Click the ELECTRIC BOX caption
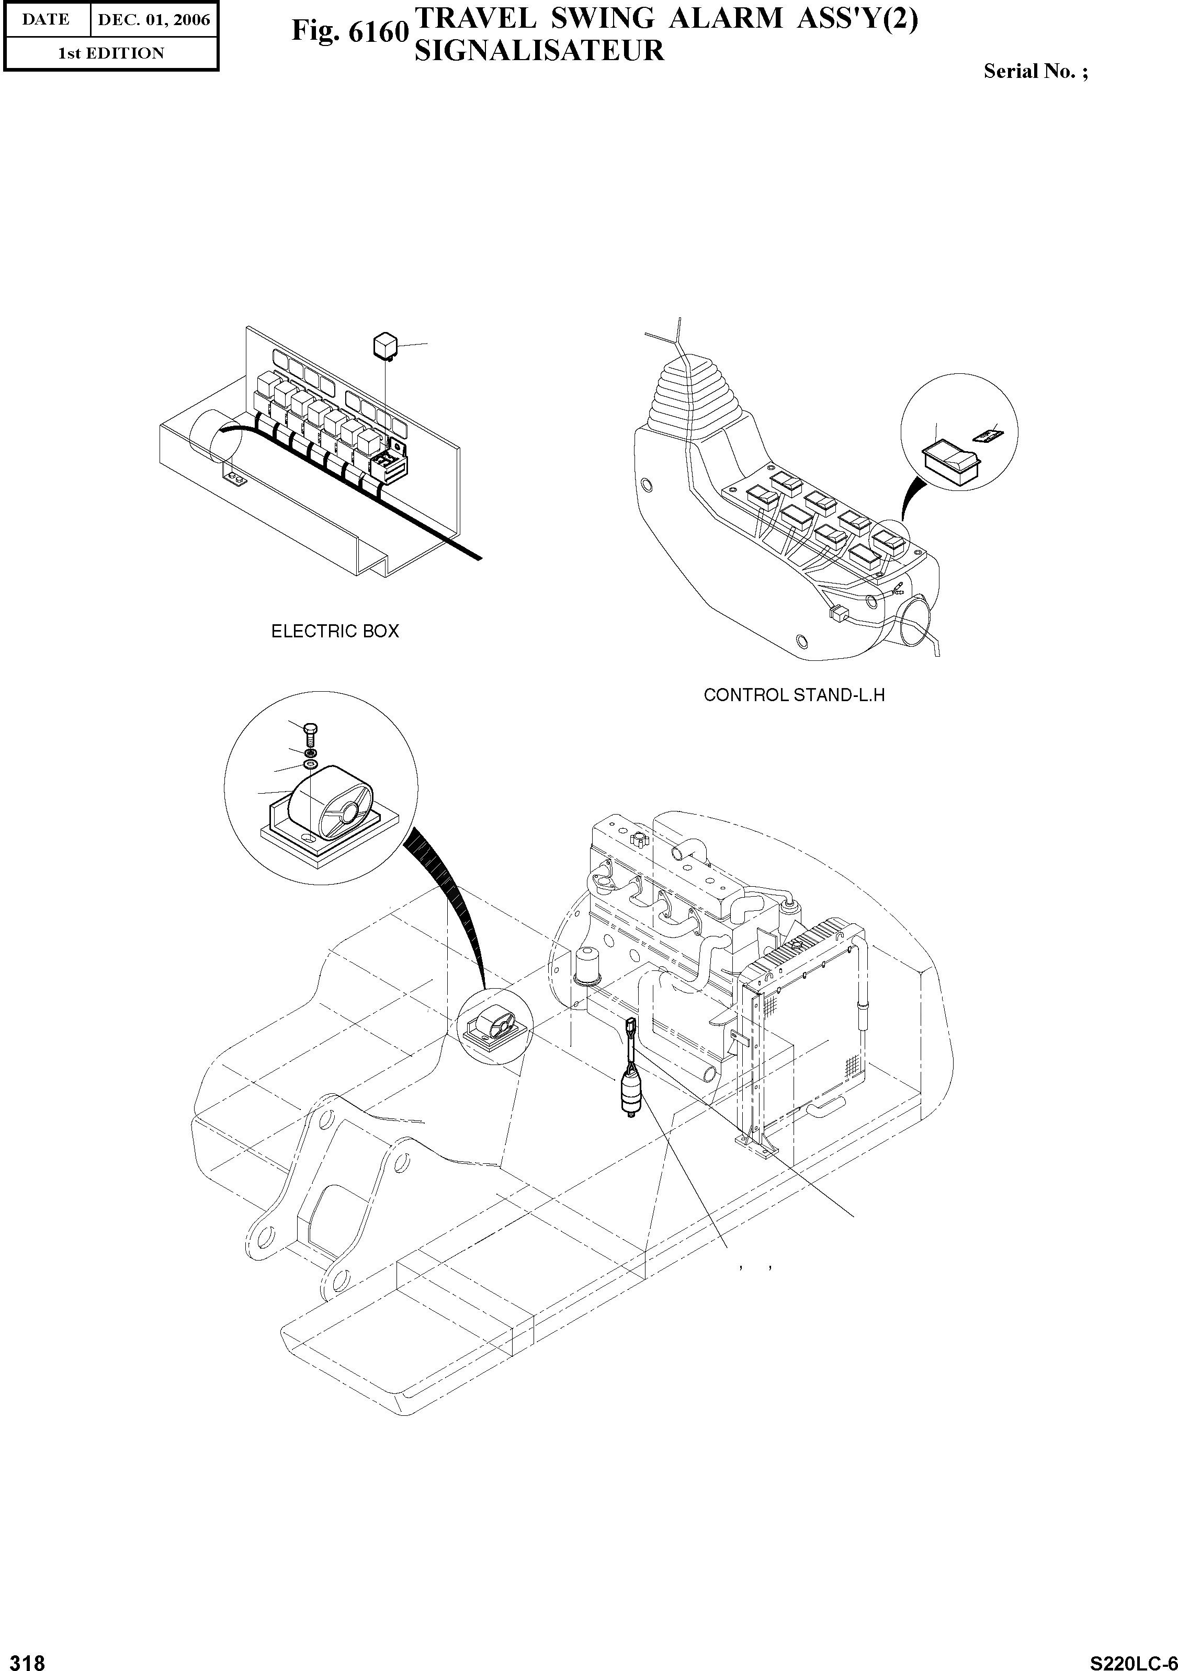coord(335,631)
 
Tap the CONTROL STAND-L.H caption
coord(794,695)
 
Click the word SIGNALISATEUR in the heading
coord(539,51)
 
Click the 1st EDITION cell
coord(111,53)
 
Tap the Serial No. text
coord(1035,71)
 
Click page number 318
coord(24,1658)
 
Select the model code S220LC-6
coord(1131,1658)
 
